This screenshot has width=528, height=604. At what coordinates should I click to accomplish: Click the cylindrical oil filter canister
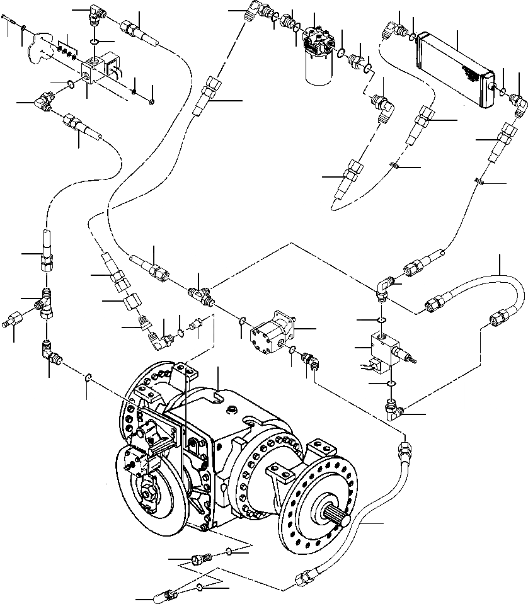pos(318,67)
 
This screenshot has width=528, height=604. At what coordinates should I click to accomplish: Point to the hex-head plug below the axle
pos(200,559)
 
